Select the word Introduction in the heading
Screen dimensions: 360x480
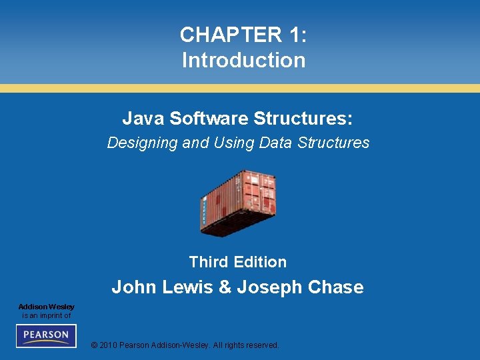[243, 60]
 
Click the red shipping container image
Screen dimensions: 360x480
[238, 202]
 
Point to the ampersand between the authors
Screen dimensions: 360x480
[225, 287]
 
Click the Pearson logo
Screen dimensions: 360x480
[46, 335]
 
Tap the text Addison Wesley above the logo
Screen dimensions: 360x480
[46, 307]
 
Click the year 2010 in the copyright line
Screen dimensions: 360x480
[109, 345]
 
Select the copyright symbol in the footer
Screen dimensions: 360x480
[94, 345]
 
